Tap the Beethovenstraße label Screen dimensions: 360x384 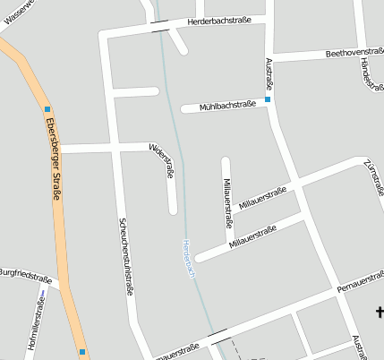coord(354,53)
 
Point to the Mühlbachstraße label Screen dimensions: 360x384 coord(225,105)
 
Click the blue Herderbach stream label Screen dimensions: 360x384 coord(187,257)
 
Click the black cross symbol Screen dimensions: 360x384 coord(380,313)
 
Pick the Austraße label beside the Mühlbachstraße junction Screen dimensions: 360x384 coord(269,73)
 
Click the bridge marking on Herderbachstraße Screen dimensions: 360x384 coord(160,26)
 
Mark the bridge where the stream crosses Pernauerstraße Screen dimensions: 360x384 coord(218,336)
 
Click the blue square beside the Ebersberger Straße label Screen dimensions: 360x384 coord(47,110)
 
